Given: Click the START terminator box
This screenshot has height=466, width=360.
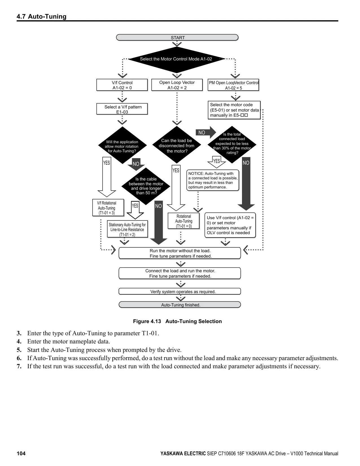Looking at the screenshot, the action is coord(177,38).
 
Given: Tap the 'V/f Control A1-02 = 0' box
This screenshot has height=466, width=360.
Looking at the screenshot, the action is coord(122,85).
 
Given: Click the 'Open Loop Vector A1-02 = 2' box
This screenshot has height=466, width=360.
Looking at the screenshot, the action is coord(177,85).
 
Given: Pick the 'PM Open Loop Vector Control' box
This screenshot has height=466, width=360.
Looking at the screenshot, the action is coord(233,85).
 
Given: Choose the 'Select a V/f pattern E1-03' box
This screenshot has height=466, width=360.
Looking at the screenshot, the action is coord(122,109).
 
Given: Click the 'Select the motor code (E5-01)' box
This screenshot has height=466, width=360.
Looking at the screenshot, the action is coord(234,110).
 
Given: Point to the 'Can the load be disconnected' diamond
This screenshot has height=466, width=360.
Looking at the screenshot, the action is coord(176,145).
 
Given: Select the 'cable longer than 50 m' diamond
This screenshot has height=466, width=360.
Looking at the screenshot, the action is coord(146,186).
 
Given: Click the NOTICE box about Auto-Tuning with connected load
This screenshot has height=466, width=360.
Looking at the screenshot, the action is coord(213,180).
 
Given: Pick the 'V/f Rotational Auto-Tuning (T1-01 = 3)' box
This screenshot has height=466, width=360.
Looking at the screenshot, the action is coord(108,208).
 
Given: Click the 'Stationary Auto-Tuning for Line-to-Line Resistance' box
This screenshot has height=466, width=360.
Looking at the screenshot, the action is coord(127,229).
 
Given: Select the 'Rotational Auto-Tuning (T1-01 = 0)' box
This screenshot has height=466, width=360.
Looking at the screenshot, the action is coord(184,221).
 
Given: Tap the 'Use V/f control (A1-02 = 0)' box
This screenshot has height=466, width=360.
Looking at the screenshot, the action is coord(230,225).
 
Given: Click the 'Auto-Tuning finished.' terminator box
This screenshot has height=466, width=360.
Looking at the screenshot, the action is coord(180,305).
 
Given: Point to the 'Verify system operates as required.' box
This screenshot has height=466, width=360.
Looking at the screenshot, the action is coord(180,291).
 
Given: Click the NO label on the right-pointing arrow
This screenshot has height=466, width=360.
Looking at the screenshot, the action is coord(202,132).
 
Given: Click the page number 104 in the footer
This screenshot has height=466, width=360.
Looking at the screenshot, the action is coord(21,453).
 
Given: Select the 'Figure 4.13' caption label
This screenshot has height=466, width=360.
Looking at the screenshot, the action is coord(147,321).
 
